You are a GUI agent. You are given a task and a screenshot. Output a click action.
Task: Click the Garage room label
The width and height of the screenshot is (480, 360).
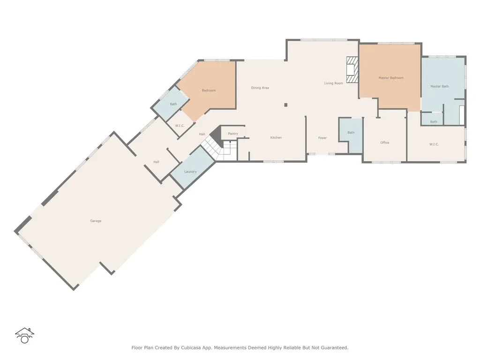[x=96, y=221]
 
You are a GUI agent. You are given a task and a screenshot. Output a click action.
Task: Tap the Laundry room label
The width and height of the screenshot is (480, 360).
[x=190, y=172]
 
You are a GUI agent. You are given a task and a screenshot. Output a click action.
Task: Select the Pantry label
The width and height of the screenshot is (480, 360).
[x=233, y=134]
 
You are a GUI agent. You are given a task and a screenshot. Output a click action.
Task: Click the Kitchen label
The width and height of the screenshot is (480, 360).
[x=276, y=138]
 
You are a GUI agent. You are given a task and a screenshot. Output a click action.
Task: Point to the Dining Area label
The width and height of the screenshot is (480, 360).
[x=260, y=88]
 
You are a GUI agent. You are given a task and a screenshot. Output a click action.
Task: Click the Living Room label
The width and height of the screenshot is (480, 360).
[x=334, y=83]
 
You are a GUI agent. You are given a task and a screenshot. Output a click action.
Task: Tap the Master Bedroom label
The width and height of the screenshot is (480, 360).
[x=391, y=78]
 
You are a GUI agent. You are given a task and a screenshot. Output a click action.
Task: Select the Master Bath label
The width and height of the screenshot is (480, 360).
[x=440, y=86]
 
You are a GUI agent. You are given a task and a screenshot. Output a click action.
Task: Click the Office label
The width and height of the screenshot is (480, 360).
[x=385, y=142]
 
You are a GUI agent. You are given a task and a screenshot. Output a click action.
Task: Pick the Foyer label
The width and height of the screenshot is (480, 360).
[x=322, y=138]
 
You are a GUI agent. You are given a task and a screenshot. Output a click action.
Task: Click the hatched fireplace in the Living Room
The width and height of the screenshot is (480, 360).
[x=352, y=70]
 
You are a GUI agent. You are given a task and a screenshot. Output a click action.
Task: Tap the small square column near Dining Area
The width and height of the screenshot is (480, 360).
[x=286, y=105]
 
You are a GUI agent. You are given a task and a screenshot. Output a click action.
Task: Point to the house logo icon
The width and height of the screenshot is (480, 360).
[x=24, y=336]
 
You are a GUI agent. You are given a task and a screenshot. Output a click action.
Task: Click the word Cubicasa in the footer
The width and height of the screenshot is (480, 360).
[x=191, y=348]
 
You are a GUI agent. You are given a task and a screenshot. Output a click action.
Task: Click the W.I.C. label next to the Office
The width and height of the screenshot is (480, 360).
[x=434, y=144]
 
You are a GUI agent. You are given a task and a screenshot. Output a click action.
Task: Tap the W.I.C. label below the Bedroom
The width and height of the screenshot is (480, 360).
[x=180, y=126]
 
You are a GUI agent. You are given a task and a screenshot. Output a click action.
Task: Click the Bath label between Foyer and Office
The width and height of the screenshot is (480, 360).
[x=351, y=133]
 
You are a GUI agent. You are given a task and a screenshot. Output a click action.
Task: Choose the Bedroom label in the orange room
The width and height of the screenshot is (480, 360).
[x=209, y=90]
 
